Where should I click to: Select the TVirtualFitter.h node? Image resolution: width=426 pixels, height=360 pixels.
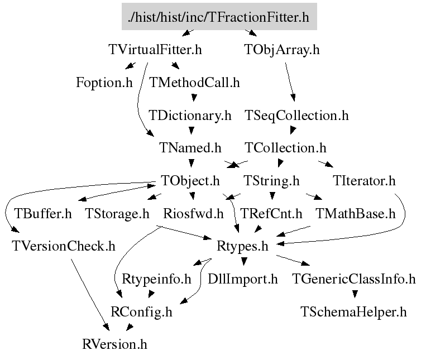(x=155, y=50)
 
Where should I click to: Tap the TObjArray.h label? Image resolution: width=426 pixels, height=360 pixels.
(x=282, y=50)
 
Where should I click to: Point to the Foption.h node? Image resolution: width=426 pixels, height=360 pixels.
(x=104, y=83)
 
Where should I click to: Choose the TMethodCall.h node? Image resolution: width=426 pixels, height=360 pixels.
(x=194, y=83)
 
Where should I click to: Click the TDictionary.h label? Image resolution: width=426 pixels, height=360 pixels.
(x=190, y=116)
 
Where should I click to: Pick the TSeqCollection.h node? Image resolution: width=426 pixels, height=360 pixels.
(x=296, y=116)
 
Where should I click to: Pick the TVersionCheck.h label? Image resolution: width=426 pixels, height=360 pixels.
(x=63, y=246)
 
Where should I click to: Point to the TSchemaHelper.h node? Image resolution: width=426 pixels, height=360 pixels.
(x=353, y=311)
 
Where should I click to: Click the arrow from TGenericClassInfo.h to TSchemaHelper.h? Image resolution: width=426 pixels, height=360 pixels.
(x=354, y=293)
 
